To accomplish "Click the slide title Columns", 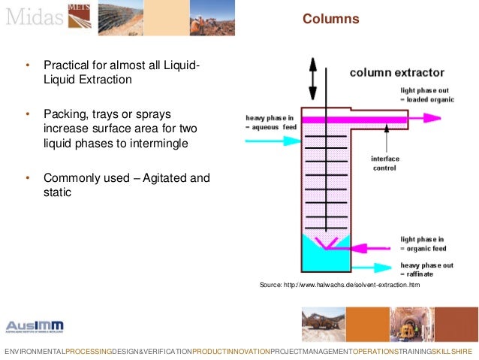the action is pos(330,19).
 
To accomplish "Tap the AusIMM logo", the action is pos(35,326).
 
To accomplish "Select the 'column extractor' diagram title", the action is pos(396,73).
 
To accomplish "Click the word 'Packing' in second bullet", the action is pos(65,114).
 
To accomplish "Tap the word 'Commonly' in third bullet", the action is pos(75,178).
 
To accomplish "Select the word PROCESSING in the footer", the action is pos(88,352).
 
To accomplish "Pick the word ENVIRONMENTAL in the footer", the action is pos(34,352).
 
